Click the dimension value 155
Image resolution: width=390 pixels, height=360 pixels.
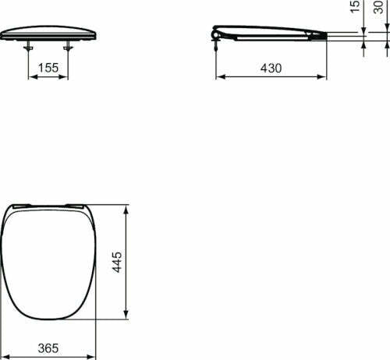click(x=48, y=69)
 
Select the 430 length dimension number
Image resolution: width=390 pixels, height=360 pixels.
click(x=270, y=68)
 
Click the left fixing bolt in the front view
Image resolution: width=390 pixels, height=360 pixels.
click(x=30, y=47)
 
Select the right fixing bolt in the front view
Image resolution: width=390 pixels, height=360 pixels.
click(x=68, y=47)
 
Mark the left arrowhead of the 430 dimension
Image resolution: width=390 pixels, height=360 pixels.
click(x=219, y=76)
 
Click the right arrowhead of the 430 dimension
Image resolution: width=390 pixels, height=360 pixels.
click(x=322, y=76)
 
